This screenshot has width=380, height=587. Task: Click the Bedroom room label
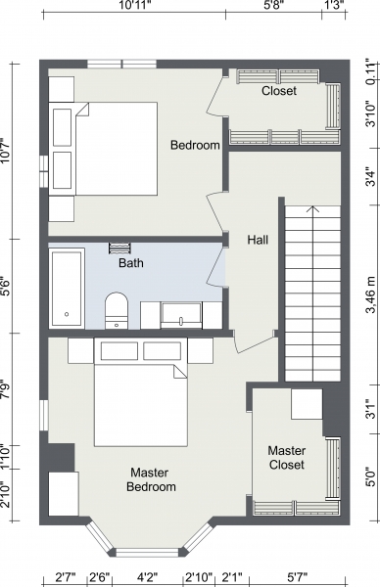(x=195, y=145)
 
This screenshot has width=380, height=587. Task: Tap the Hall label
(x=258, y=240)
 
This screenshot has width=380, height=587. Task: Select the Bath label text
(x=131, y=263)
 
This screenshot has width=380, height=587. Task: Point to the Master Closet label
(x=287, y=458)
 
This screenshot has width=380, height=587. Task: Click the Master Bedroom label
(x=151, y=479)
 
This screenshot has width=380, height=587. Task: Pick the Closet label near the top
(x=279, y=91)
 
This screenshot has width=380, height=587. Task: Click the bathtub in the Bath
(x=67, y=288)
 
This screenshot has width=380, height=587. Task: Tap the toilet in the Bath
(x=117, y=311)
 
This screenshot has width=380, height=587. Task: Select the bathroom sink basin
(x=181, y=315)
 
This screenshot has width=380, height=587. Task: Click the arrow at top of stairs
(x=312, y=209)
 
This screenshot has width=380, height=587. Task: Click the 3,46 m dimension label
(x=371, y=294)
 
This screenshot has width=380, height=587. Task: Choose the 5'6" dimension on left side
(x=6, y=287)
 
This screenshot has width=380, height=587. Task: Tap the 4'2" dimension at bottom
(x=147, y=576)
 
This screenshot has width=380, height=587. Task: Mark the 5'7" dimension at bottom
(x=297, y=576)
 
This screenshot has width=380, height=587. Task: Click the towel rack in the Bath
(x=119, y=248)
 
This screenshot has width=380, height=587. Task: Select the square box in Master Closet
(x=307, y=404)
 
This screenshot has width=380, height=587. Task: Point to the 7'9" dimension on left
(x=6, y=389)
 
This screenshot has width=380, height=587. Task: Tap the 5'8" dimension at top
(x=274, y=5)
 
